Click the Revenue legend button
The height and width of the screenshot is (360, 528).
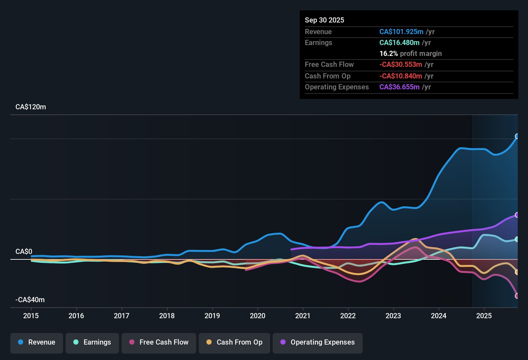point(37,342)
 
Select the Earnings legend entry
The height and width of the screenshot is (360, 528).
point(92,342)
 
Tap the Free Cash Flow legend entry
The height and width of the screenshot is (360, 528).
point(159,342)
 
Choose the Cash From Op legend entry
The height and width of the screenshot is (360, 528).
point(234,342)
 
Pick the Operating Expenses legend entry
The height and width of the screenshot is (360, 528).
point(318,342)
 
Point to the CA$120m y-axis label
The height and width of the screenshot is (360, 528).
point(31,107)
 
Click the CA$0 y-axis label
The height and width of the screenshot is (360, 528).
point(24,252)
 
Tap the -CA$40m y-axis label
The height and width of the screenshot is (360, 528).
point(30,300)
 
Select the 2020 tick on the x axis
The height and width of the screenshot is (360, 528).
point(258,316)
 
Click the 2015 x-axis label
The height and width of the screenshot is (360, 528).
point(31,316)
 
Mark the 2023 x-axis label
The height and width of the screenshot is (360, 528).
point(393,316)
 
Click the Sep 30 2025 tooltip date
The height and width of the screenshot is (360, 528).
point(324,20)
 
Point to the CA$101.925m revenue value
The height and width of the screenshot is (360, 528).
point(401,32)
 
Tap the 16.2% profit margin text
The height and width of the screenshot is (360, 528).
point(410,54)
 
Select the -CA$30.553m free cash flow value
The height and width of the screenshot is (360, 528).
point(400,65)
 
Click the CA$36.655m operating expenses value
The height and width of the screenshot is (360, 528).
point(399,87)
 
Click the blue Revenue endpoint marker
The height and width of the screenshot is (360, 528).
point(517,136)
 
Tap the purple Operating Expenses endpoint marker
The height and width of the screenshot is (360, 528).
point(517,215)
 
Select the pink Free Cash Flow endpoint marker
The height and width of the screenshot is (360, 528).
point(517,296)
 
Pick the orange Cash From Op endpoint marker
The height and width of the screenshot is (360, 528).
point(517,272)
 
